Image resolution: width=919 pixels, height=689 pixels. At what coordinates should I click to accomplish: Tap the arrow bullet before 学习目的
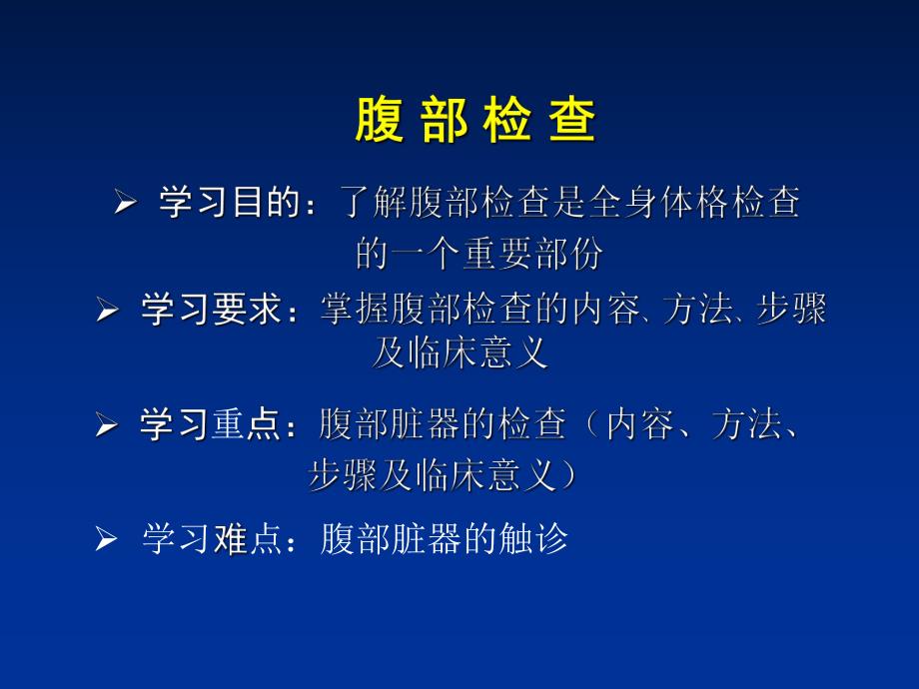[x=124, y=205]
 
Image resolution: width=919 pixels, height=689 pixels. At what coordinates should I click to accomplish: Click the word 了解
[x=371, y=204]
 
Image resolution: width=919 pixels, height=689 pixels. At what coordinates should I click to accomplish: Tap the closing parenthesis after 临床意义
[x=568, y=477]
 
